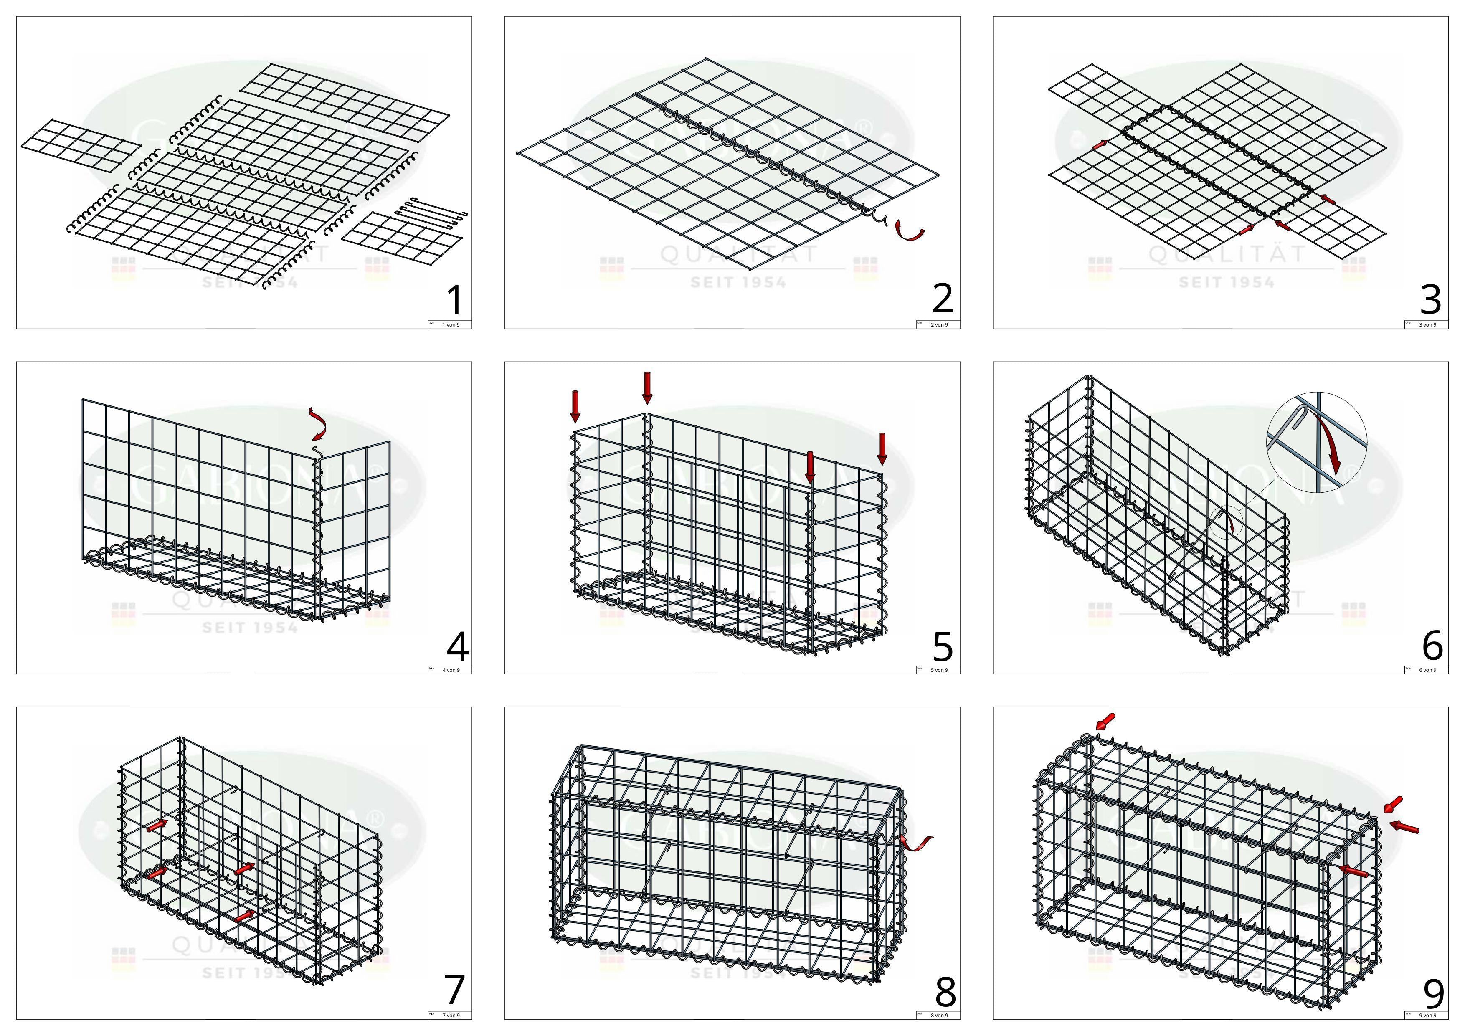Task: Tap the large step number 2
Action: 943,299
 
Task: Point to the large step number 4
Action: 457,646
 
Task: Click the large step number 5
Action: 943,646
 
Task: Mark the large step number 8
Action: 945,991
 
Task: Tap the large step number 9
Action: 1433,993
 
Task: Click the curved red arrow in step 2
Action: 909,231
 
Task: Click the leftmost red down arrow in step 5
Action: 575,406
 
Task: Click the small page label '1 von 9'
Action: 451,325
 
